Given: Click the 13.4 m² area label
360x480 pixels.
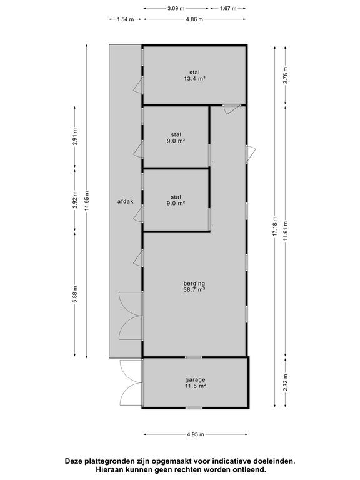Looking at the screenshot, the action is [x=194, y=78].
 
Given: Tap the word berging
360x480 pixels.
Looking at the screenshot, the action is [x=194, y=284].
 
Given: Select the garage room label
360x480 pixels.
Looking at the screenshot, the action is [x=195, y=380].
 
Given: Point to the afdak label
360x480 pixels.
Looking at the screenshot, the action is [x=126, y=201].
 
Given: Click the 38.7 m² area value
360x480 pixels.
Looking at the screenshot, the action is [x=194, y=289].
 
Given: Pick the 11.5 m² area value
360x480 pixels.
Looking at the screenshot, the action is [x=195, y=386].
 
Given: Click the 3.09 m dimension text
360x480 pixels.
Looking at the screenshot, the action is [x=176, y=8].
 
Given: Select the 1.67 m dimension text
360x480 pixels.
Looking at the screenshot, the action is [x=228, y=8].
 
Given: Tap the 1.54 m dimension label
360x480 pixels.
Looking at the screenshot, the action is [x=126, y=19].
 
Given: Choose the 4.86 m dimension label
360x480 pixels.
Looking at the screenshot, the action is [x=194, y=19].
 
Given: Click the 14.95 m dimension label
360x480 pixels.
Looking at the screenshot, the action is [x=87, y=201].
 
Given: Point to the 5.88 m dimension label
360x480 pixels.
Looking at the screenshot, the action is [x=75, y=294].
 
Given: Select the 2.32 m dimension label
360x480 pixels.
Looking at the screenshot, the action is [x=285, y=382].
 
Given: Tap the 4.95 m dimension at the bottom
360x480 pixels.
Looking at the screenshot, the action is [x=195, y=434].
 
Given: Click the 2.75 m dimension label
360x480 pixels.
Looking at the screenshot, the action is [x=285, y=75].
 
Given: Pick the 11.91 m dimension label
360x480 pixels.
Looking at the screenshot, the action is [x=285, y=231].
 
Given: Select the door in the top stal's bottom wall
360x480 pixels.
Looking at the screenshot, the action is [x=231, y=109].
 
